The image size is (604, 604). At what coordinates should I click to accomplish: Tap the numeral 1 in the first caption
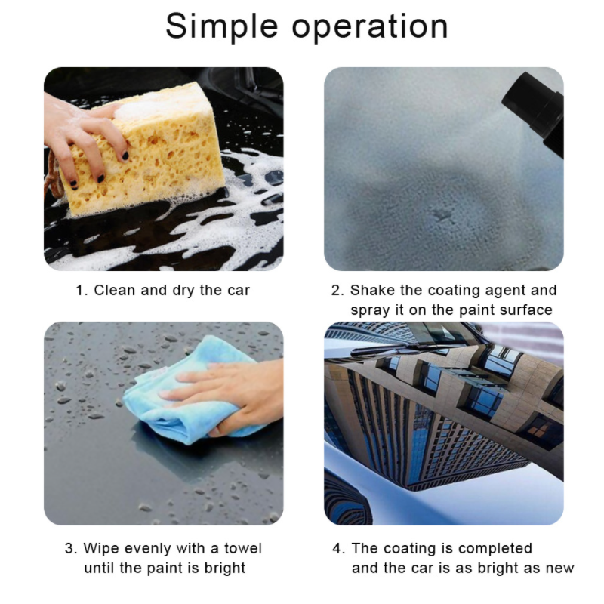point(79,291)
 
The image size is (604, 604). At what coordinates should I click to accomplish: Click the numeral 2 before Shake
point(337,291)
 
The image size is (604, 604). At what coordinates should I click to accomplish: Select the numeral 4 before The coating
point(337,549)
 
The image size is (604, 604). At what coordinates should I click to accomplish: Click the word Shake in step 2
point(374,291)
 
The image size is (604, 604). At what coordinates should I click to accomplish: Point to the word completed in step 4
point(495,549)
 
